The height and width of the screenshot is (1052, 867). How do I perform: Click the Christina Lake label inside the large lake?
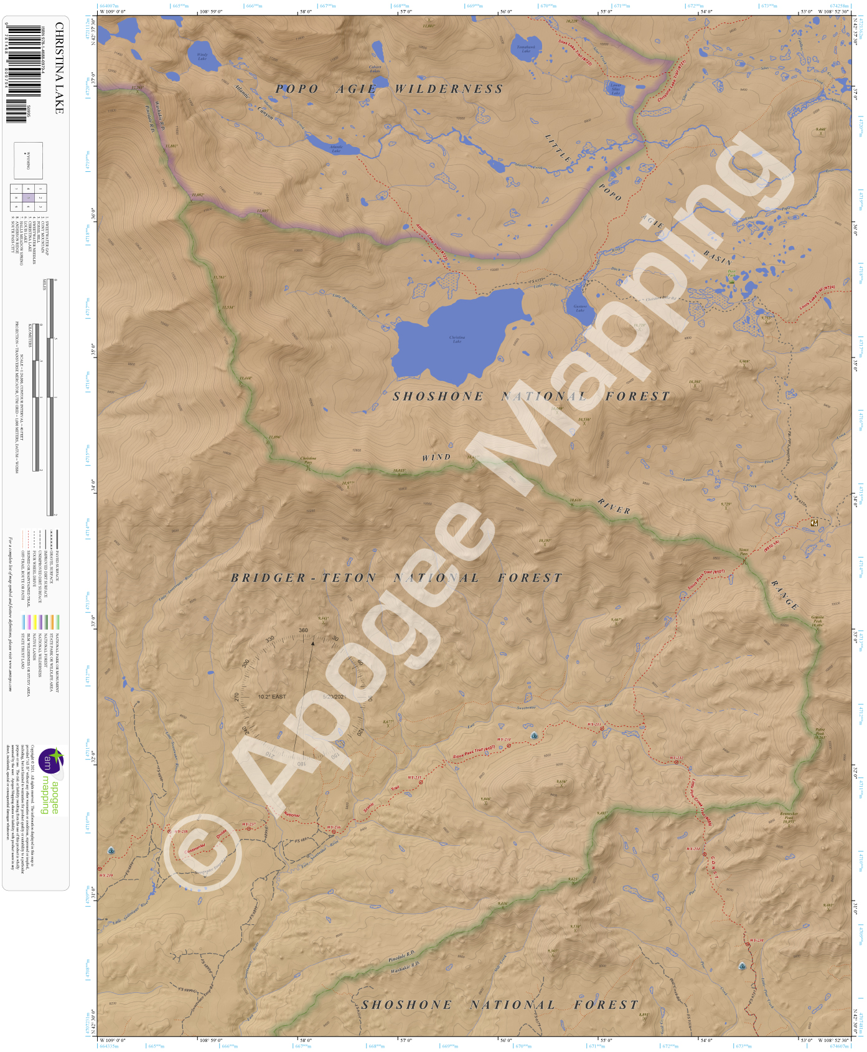tap(457, 339)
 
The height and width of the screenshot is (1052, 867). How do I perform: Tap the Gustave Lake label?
tap(579, 308)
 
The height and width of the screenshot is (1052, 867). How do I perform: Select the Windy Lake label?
tap(202, 57)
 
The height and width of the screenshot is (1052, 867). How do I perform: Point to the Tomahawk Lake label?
tap(526, 49)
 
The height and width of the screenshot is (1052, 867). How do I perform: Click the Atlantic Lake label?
tap(335, 149)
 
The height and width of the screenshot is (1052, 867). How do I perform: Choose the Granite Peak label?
tap(817, 620)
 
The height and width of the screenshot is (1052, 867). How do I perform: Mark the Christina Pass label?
tap(308, 460)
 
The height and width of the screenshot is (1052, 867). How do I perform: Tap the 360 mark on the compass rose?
tap(303, 630)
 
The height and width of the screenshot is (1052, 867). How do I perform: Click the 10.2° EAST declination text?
tap(272, 696)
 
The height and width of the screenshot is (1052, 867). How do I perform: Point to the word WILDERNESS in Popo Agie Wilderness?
tap(449, 89)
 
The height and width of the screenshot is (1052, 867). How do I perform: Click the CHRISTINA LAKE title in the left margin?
tap(59, 69)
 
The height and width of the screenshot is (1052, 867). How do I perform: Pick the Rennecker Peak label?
tap(789, 817)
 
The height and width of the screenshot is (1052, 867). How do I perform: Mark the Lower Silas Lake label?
tap(615, 89)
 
